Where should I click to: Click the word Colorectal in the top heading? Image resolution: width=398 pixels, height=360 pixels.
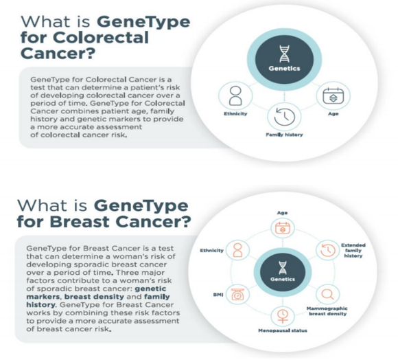click(100, 38)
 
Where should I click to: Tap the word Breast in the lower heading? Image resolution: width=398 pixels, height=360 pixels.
click(80, 221)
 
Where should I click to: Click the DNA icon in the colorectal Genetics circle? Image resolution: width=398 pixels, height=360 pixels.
click(284, 54)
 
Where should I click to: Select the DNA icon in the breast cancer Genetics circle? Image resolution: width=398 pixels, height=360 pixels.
click(283, 268)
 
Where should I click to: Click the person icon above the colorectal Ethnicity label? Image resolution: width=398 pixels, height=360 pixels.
click(235, 95)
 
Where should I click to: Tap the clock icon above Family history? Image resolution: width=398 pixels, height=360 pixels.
click(285, 117)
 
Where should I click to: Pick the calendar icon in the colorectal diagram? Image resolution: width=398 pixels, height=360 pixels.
click(333, 95)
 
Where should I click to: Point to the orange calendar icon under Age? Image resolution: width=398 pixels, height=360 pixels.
click(283, 228)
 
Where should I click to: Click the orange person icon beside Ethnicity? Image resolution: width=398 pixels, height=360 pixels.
click(237, 250)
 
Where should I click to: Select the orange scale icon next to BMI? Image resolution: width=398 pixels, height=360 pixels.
click(237, 295)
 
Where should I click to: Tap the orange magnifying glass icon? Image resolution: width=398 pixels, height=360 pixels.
click(328, 295)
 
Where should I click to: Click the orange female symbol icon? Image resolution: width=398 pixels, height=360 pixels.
click(283, 316)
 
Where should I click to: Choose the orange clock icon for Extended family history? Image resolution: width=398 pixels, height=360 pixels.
click(328, 250)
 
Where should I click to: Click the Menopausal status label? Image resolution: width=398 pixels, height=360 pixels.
click(283, 330)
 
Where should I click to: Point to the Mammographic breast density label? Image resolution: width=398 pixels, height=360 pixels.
click(327, 311)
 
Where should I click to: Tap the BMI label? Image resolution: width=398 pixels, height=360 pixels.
click(218, 295)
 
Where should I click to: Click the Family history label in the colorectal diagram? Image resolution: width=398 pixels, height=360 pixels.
click(284, 135)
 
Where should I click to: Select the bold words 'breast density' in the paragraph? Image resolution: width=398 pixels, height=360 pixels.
click(94, 297)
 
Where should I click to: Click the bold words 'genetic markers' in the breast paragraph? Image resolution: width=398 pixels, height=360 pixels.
click(96, 293)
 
